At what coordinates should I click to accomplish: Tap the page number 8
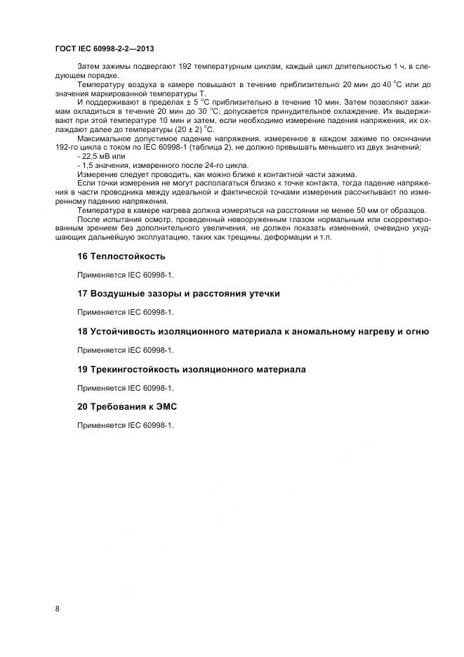(x=57, y=609)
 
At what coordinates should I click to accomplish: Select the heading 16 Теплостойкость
(x=121, y=256)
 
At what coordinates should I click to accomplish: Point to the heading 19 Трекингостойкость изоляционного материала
(x=191, y=369)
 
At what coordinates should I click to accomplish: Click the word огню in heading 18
(x=416, y=332)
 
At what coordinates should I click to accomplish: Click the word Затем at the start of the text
(x=88, y=65)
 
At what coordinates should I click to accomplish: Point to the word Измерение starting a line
(x=98, y=174)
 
